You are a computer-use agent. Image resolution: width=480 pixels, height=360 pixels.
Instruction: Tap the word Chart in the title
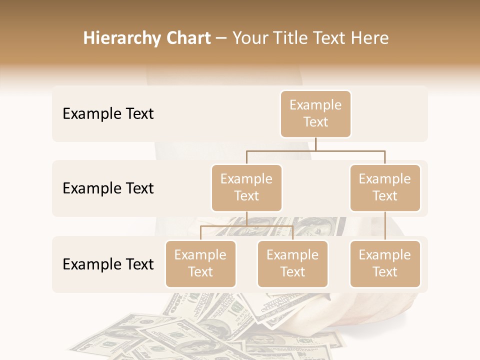[x=186, y=38]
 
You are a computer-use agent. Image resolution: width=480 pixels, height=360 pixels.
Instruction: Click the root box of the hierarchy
[x=315, y=113]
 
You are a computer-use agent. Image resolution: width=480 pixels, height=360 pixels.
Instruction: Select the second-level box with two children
[x=246, y=188]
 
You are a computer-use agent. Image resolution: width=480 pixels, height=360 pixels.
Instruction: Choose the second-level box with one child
[x=385, y=188]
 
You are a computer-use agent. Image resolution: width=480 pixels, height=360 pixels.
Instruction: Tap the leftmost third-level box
[x=200, y=264]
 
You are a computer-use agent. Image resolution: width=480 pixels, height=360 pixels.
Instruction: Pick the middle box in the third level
[x=292, y=264]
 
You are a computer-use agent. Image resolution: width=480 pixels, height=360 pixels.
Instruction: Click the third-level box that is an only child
[x=385, y=264]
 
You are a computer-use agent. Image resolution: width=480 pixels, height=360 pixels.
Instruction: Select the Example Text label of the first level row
[x=108, y=114]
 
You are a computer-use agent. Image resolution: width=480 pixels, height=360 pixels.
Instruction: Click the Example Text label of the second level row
[x=108, y=188]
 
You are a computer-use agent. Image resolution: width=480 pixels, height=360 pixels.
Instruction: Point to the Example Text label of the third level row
[x=108, y=264]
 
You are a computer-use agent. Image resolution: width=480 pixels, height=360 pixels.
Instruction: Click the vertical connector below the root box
[x=315, y=144]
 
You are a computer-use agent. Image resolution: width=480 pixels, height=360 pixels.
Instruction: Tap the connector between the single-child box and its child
[x=385, y=226]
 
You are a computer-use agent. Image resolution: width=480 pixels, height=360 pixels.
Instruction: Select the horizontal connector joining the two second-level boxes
[x=315, y=150]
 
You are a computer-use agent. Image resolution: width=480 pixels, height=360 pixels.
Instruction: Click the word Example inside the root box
[x=315, y=105]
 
